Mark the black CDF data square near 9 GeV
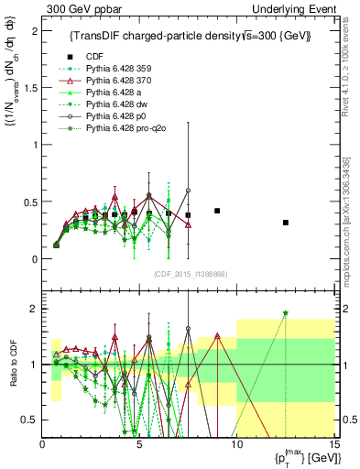(217, 211)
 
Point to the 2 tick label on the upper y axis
(35, 30)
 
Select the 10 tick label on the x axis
(236, 444)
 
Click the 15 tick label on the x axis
(333, 444)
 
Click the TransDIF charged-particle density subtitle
(191, 36)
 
